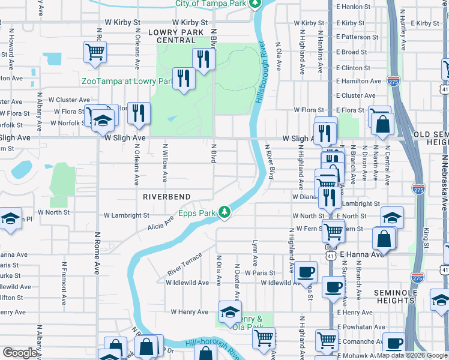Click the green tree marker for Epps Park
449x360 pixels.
(x=224, y=212)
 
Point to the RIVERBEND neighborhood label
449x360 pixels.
(x=166, y=197)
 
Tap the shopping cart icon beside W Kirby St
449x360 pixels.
(x=95, y=53)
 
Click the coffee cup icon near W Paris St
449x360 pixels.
(x=306, y=271)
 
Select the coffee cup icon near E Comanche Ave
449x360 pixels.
(x=394, y=343)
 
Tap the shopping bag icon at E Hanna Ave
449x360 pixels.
(x=384, y=238)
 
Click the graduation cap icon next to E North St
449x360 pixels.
(x=392, y=217)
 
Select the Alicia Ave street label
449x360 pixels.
(x=160, y=224)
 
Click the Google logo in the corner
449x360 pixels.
(x=20, y=353)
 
